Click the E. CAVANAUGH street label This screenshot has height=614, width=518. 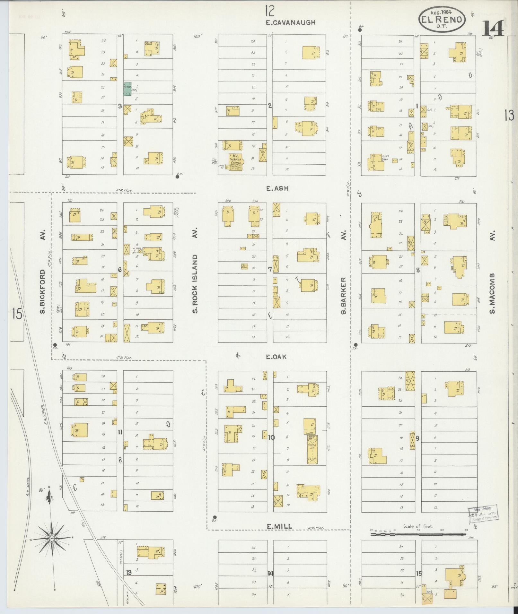tap(291, 22)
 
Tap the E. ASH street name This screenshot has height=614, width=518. tap(277, 189)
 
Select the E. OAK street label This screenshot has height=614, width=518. tap(276, 357)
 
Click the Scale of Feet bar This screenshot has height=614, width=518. tap(418, 534)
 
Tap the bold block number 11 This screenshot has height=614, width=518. tap(120, 432)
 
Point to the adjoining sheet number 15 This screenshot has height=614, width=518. tap(17, 314)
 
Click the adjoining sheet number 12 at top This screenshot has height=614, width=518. tap(270, 11)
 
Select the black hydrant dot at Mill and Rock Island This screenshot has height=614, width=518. tap(215, 517)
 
